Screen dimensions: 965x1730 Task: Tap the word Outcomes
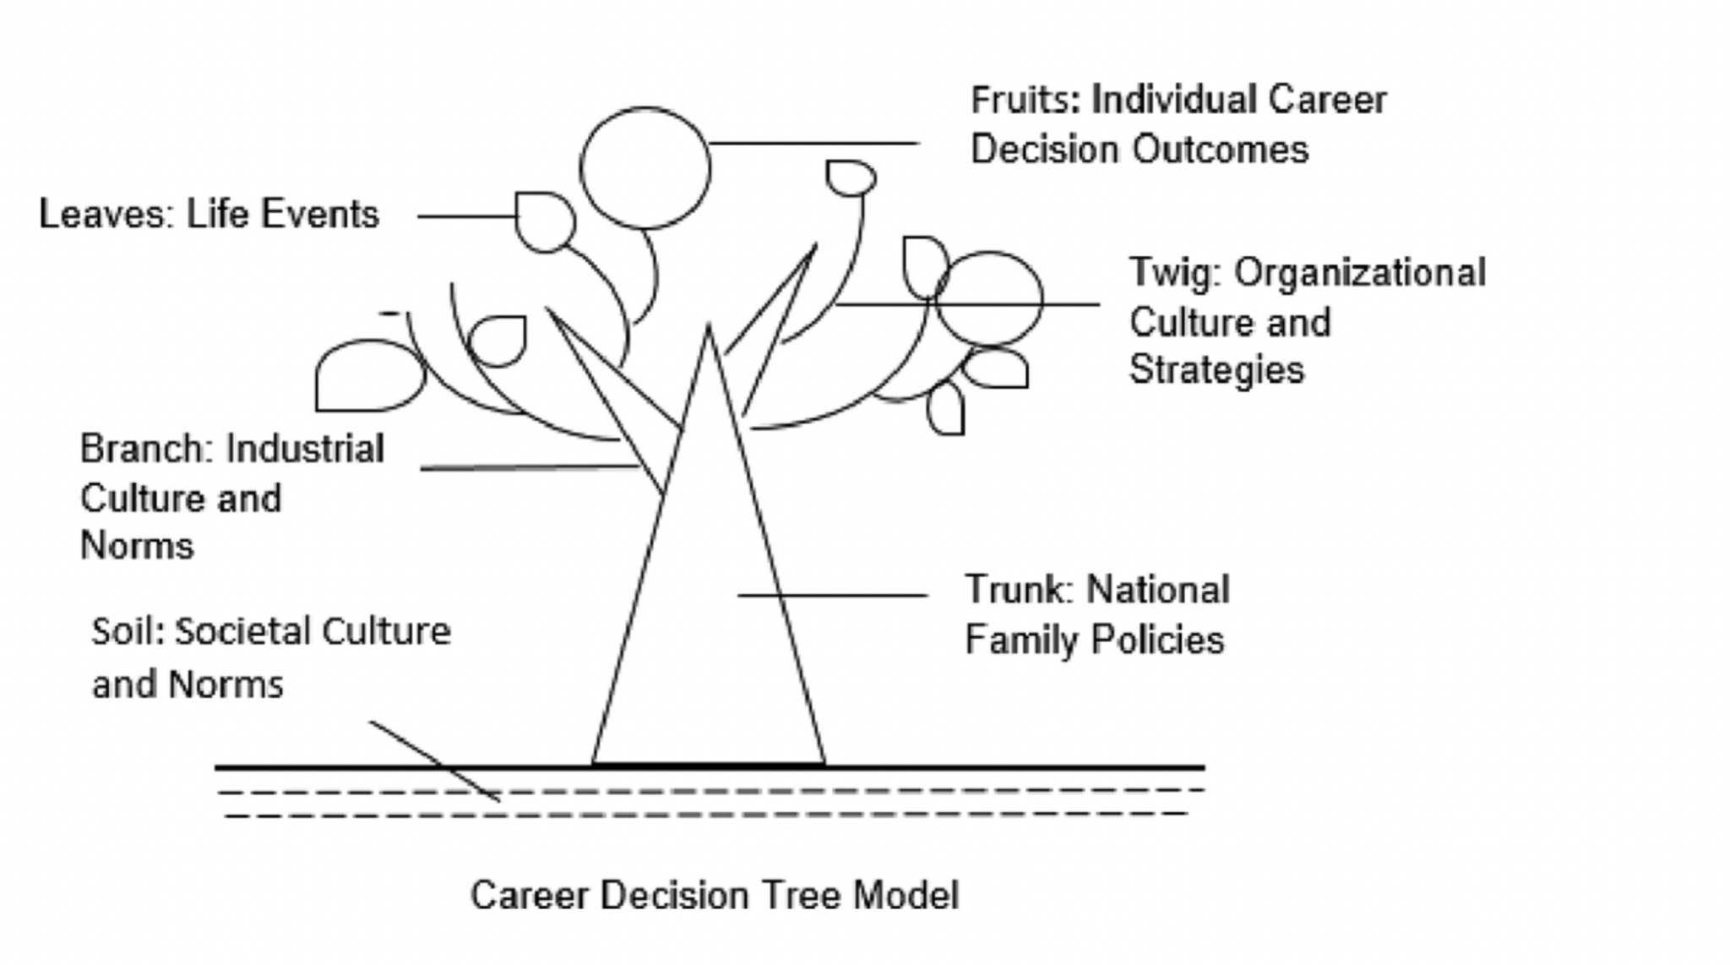coord(1220,150)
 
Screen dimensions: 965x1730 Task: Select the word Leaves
coord(105,215)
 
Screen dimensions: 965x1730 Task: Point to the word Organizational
coord(1359,273)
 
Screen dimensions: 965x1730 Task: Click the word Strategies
coord(1216,370)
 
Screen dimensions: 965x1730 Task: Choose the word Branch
coord(145,450)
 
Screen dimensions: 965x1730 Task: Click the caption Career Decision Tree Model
coord(715,896)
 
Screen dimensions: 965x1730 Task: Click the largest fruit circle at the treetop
coord(645,168)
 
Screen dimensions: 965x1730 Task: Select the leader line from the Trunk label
coord(832,596)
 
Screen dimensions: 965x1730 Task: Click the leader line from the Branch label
coord(528,466)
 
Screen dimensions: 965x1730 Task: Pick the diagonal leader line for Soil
coord(434,761)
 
